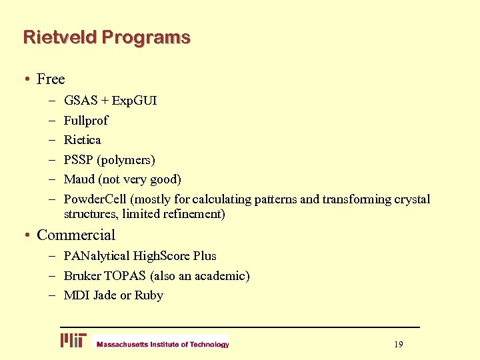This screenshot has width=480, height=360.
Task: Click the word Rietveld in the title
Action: (x=60, y=37)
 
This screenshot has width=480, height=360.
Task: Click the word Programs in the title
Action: (x=146, y=37)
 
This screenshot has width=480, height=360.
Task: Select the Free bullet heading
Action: (x=51, y=79)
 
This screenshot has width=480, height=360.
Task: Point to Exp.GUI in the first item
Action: (x=135, y=101)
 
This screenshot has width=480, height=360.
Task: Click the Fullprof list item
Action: (x=86, y=121)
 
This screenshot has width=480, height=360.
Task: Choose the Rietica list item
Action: (x=83, y=140)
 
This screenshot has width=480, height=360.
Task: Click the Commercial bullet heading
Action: (x=76, y=235)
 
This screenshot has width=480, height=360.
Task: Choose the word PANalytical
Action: (x=97, y=256)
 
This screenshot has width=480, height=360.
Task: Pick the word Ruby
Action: (x=149, y=295)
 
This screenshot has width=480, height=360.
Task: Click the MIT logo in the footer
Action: (x=73, y=341)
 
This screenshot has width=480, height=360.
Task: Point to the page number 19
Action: (x=399, y=344)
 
